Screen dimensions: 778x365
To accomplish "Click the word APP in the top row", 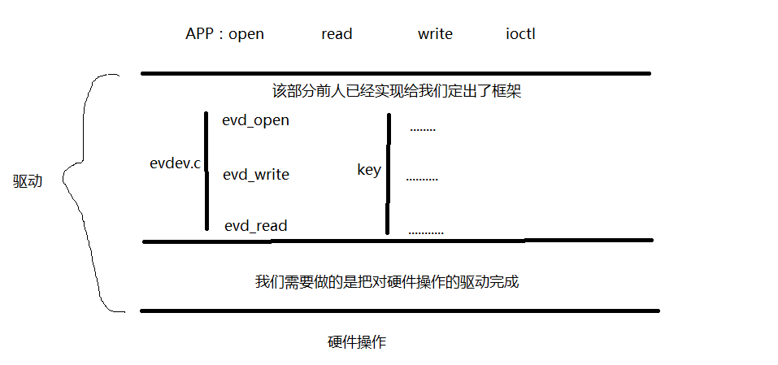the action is click(x=200, y=34).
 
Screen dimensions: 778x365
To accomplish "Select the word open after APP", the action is click(x=246, y=34).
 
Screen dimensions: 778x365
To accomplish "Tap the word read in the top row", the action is click(x=337, y=34).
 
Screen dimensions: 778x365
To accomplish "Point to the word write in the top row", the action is click(x=435, y=34).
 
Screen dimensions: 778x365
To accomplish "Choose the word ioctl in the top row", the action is click(x=519, y=34).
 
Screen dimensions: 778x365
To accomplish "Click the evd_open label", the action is click(x=255, y=121).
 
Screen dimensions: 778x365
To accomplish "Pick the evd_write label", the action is click(x=255, y=175).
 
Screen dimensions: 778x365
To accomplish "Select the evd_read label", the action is click(x=255, y=226).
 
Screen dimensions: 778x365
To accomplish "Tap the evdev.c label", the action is click(x=175, y=163).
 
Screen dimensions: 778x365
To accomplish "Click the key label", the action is click(x=368, y=170).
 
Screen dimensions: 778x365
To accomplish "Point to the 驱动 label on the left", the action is click(x=28, y=181).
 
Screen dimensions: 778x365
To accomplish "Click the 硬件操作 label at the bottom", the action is click(x=357, y=342).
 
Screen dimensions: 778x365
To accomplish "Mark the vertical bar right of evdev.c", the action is click(x=206, y=171).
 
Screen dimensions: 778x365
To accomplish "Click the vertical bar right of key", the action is click(x=388, y=174).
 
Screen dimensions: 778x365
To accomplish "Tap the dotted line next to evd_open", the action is click(x=423, y=130).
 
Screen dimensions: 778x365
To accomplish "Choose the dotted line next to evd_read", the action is click(x=426, y=233).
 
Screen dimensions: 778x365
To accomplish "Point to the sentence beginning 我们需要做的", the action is click(x=386, y=282).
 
